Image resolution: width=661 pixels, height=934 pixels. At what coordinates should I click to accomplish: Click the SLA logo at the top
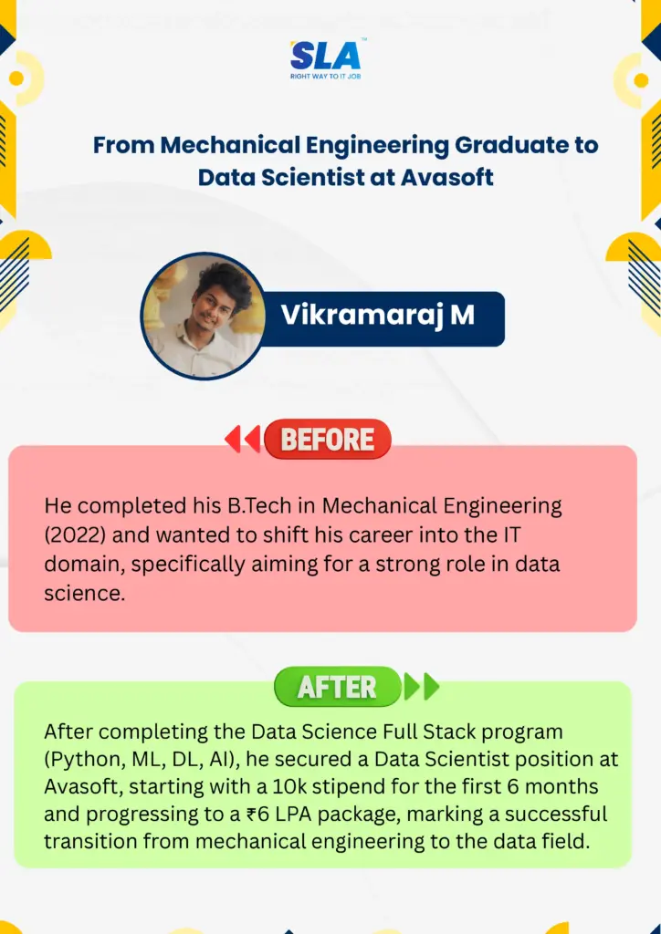pos(326,56)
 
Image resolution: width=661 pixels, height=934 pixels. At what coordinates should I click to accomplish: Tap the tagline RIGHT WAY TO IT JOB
pos(326,77)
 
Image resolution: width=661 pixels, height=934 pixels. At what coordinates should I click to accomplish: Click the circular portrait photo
pos(204,316)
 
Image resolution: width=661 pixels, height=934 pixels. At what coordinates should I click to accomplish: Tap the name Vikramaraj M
pos(378,315)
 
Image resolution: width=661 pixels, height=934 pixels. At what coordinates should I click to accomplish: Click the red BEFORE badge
pos(327,439)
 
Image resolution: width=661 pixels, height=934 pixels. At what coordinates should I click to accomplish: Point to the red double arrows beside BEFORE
pos(243,439)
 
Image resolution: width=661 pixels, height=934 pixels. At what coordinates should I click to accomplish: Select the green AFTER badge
pos(338,687)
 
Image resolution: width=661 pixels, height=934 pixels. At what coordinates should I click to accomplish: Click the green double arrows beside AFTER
pos(422,686)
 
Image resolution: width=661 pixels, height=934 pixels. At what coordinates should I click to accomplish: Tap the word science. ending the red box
pos(85,593)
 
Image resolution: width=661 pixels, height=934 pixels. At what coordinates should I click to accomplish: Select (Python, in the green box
pos(83,760)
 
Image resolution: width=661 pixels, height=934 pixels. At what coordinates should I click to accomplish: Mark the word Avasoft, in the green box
pos(83,786)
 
